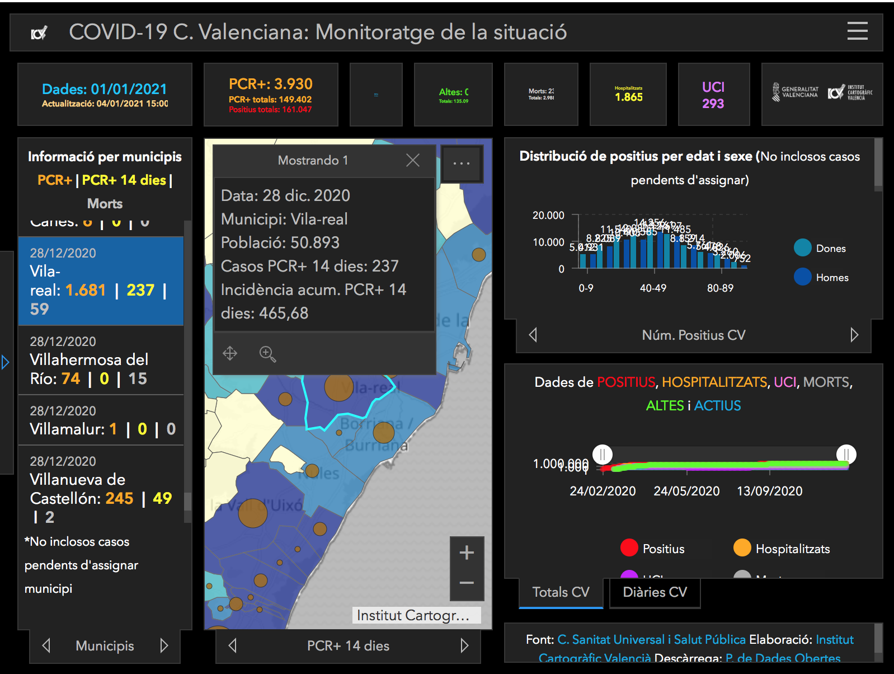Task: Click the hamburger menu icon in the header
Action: pos(857,31)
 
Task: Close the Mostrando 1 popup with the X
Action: pos(413,161)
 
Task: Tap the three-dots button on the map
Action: pos(462,163)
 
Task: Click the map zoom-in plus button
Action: pos(467,553)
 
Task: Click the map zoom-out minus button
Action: pos(467,583)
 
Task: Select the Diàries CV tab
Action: pos(655,592)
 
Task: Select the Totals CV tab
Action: pos(561,592)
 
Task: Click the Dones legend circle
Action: pos(803,247)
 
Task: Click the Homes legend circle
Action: pos(803,277)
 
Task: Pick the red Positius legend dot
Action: pos(629,547)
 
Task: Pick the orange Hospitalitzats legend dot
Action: pos(742,547)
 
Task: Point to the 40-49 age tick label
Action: pos(653,288)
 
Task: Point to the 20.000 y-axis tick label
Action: pos(548,216)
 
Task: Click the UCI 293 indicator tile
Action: pos(713,95)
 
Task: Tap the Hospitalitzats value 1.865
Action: pos(629,97)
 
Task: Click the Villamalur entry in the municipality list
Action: pos(101,421)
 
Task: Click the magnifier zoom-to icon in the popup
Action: pos(267,354)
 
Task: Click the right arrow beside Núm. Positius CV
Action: pos(854,335)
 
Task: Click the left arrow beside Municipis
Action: pos(46,645)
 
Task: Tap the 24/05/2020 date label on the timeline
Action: pos(686,491)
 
